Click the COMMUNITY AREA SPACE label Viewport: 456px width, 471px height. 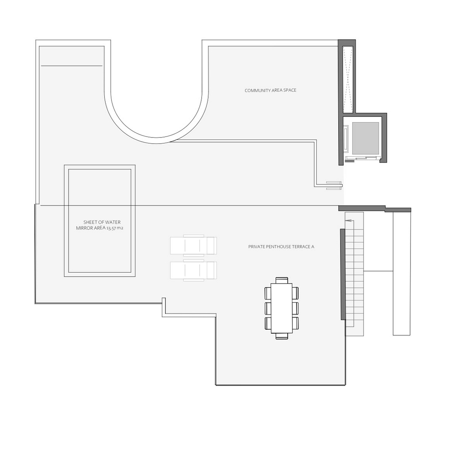pyautogui.click(x=270, y=90)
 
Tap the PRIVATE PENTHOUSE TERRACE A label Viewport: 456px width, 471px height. pyautogui.click(x=281, y=246)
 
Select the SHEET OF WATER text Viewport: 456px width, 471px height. pyautogui.click(x=102, y=222)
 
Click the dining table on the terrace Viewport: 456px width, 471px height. pyautogui.click(x=281, y=308)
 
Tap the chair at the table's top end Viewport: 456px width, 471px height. pyautogui.click(x=281, y=280)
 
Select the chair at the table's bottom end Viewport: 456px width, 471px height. pyautogui.click(x=281, y=336)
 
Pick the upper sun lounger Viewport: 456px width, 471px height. pyautogui.click(x=193, y=245)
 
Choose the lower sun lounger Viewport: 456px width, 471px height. pyautogui.click(x=193, y=270)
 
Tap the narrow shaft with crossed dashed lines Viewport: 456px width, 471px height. pyautogui.click(x=348, y=79)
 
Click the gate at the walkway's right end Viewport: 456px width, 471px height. pyautogui.click(x=334, y=185)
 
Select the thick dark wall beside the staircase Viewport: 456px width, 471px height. pyautogui.click(x=343, y=274)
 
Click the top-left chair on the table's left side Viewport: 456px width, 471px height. pyautogui.click(x=268, y=293)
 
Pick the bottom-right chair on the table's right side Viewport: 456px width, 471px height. pyautogui.click(x=295, y=323)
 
